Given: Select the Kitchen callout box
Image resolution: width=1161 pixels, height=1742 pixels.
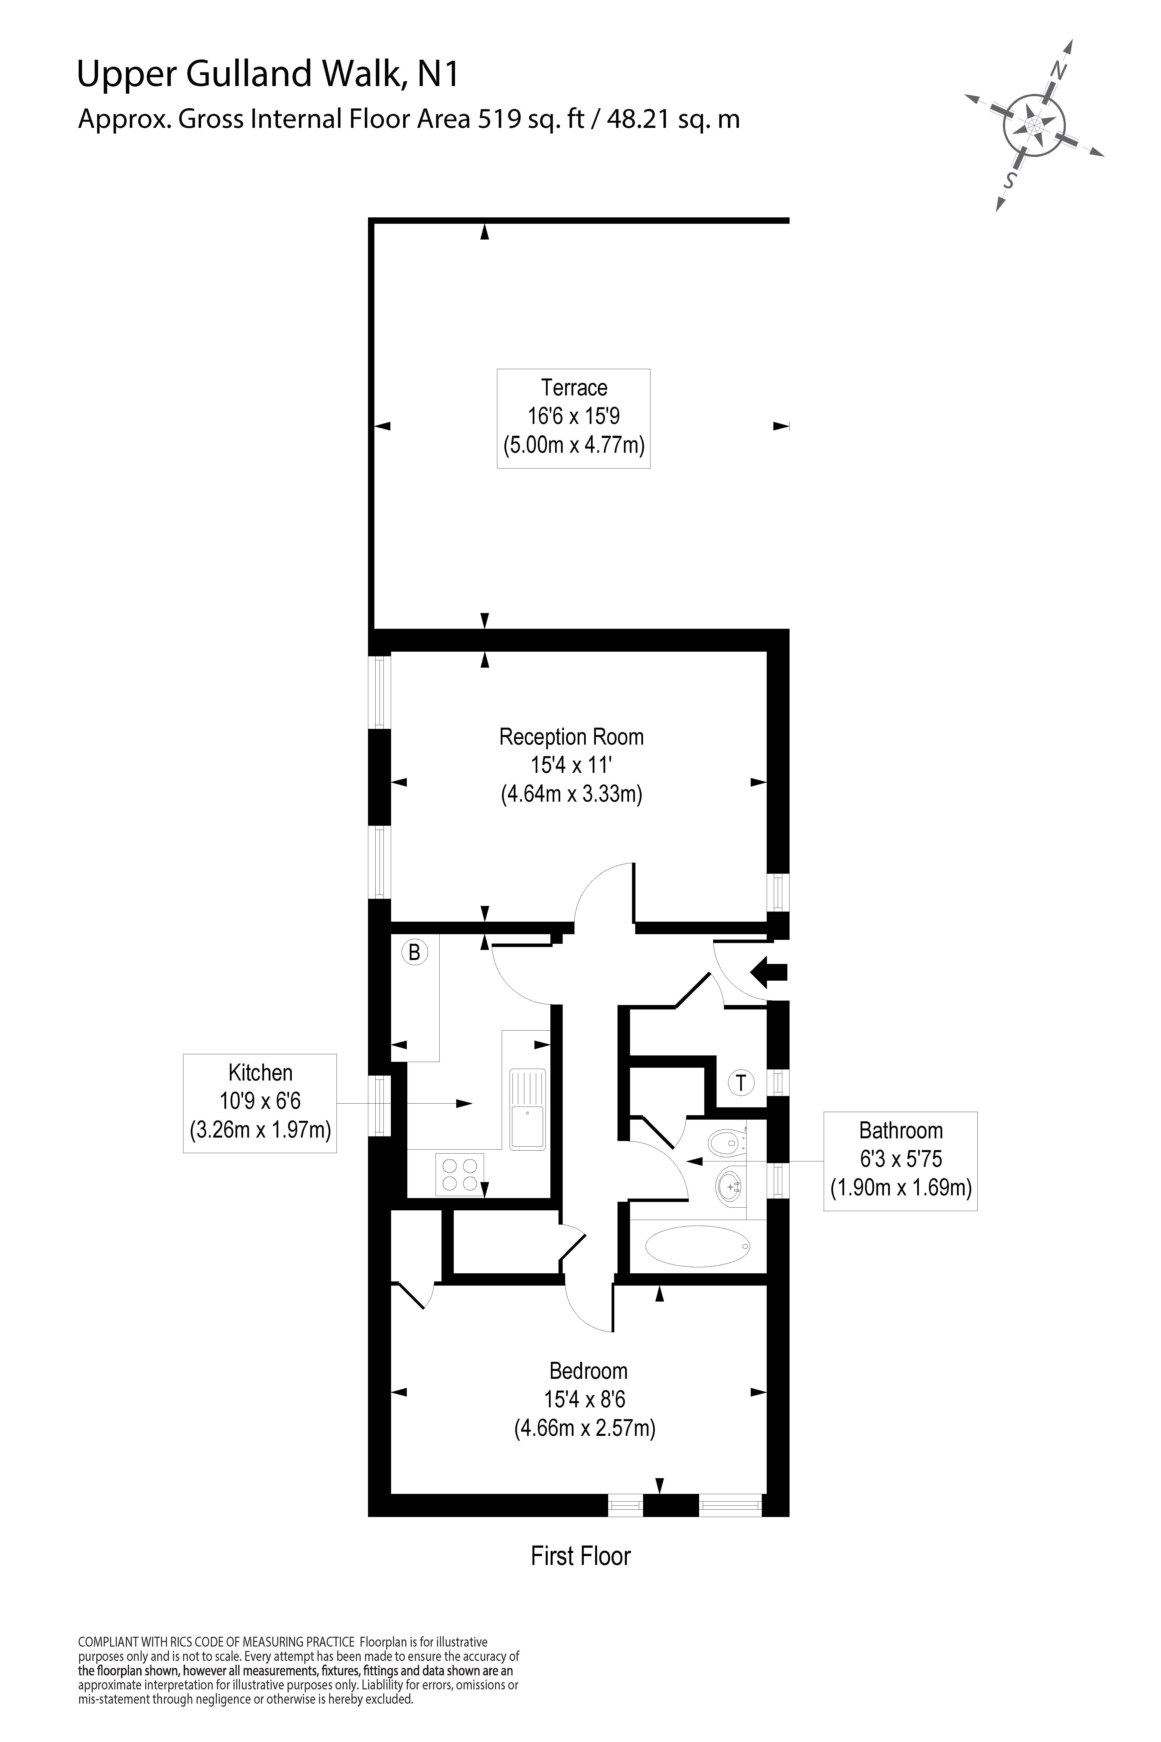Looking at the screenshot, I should (x=260, y=1103).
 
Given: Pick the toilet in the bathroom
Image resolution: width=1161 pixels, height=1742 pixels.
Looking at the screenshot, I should (x=726, y=1143).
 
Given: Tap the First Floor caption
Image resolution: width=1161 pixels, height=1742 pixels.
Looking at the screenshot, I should (x=581, y=1556).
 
